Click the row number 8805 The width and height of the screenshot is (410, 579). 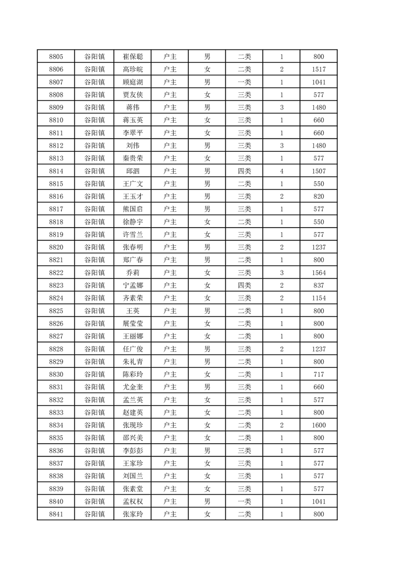click(x=56, y=57)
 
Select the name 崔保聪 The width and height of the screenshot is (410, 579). click(x=133, y=57)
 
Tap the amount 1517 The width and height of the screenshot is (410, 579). click(x=319, y=70)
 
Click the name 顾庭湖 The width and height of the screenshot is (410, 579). click(x=133, y=82)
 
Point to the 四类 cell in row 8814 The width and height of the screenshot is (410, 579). click(x=244, y=171)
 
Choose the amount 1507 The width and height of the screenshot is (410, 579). click(x=319, y=171)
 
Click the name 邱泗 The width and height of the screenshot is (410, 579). click(x=133, y=171)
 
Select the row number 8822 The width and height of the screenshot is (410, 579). click(x=56, y=273)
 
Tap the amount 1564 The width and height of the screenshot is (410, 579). click(x=319, y=273)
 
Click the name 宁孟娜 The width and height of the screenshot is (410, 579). click(x=133, y=285)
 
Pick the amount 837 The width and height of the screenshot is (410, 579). click(x=319, y=285)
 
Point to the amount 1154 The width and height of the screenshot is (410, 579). click(x=319, y=298)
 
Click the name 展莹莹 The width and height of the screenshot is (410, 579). click(x=133, y=324)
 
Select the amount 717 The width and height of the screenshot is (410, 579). click(x=319, y=375)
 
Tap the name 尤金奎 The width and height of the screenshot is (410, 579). click(x=133, y=387)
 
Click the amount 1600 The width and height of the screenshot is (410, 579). click(x=319, y=425)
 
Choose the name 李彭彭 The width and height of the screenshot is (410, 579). click(x=133, y=451)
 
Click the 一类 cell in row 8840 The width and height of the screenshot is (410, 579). click(x=244, y=502)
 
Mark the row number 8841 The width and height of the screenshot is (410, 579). click(x=56, y=514)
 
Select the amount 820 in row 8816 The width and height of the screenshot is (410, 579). click(x=319, y=197)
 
